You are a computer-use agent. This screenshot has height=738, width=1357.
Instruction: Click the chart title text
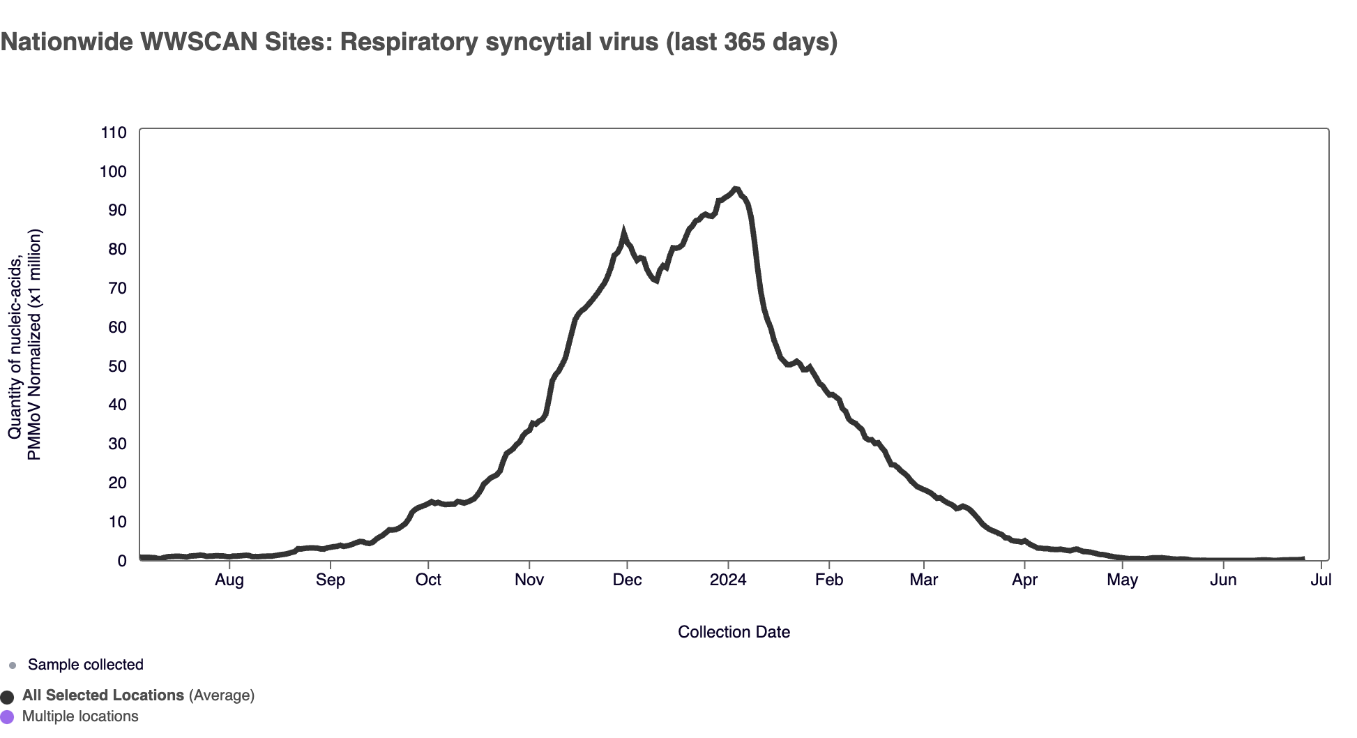[x=418, y=42]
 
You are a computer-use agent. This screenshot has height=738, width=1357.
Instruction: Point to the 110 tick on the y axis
[x=114, y=133]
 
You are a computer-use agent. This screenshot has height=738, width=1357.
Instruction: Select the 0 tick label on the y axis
[x=122, y=561]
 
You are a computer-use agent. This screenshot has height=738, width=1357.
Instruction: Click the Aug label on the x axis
[x=229, y=580]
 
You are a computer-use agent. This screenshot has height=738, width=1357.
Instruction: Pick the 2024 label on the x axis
[x=728, y=580]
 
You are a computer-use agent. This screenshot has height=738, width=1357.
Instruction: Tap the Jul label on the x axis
[x=1321, y=580]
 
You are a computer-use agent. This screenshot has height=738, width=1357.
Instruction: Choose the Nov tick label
[x=529, y=580]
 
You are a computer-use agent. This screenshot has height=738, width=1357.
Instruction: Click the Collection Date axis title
[x=734, y=632]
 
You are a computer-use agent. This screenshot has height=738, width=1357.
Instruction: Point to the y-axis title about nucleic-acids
[x=24, y=345]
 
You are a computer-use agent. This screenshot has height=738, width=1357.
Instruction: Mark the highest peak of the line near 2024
[x=735, y=188]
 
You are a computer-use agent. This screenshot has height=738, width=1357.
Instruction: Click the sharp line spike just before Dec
[x=623, y=232]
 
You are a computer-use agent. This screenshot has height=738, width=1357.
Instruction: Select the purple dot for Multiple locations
[x=8, y=717]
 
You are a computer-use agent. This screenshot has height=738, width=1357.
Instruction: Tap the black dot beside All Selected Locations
[x=8, y=697]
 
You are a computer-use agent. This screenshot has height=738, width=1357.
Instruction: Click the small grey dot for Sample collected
[x=12, y=665]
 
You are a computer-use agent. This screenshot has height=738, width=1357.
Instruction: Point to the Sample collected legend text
[x=86, y=665]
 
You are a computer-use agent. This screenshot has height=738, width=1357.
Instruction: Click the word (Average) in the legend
[x=221, y=695]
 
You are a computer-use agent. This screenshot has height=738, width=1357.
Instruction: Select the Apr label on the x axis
[x=1024, y=580]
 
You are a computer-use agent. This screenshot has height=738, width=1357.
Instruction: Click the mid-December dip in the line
[x=655, y=281]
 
